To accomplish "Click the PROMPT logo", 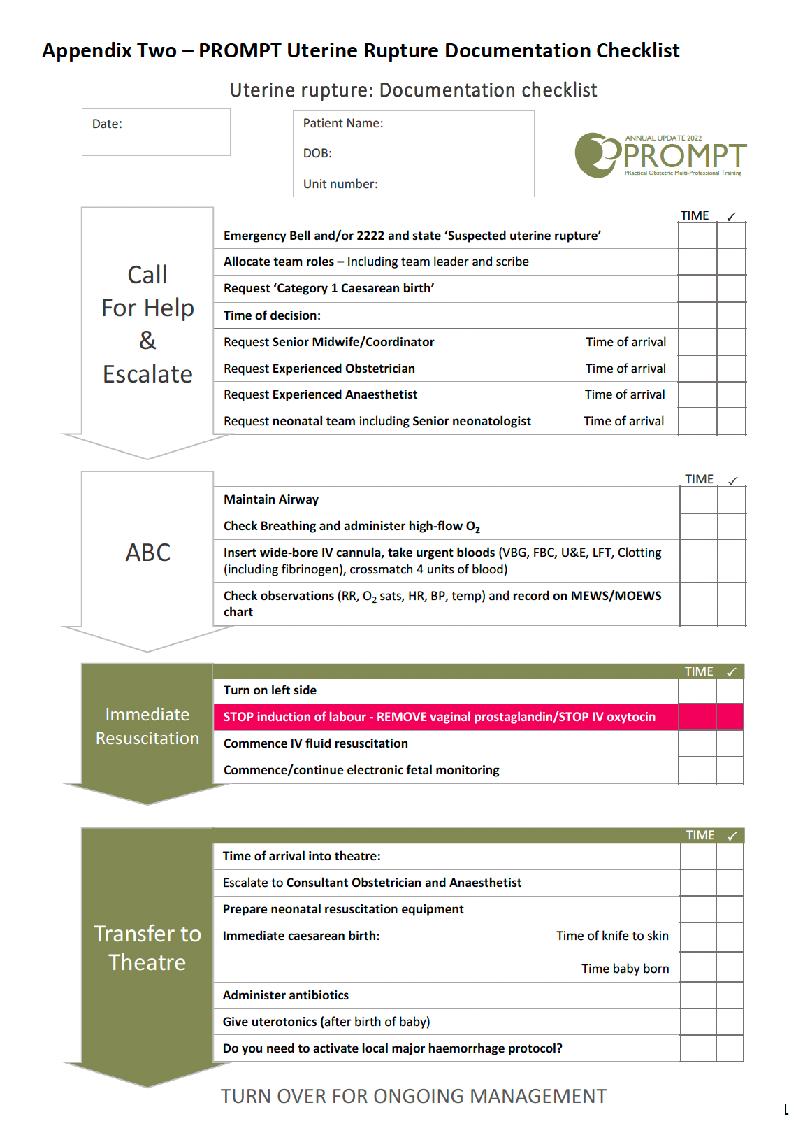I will pos(660,155).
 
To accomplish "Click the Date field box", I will pos(156,132).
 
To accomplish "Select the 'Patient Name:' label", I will pos(343,123).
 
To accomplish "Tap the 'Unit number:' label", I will pos(340,184).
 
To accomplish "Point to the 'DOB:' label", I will pos(317,153).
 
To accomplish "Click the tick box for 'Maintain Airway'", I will pos(732,499).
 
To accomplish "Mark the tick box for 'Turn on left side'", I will pos(730,690).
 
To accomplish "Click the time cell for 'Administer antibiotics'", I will pos(698,995).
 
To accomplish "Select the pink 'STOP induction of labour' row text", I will pos(439,717).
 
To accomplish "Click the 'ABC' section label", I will pos(147,553).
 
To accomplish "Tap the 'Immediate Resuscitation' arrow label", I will pos(147,727).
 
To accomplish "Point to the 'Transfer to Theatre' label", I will pos(147,948).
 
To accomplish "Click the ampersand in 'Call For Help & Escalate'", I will pos(147,341).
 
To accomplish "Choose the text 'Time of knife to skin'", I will pos(612,936).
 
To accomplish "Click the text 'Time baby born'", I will pos(625,969).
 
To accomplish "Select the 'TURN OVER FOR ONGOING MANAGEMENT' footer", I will pos(414,1096).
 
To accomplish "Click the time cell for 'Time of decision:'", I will pos(697,315).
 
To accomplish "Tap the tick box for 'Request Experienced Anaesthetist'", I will pos(732,394).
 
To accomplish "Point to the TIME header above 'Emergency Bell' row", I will pos(695,215).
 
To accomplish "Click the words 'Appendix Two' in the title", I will pos(109,50).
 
